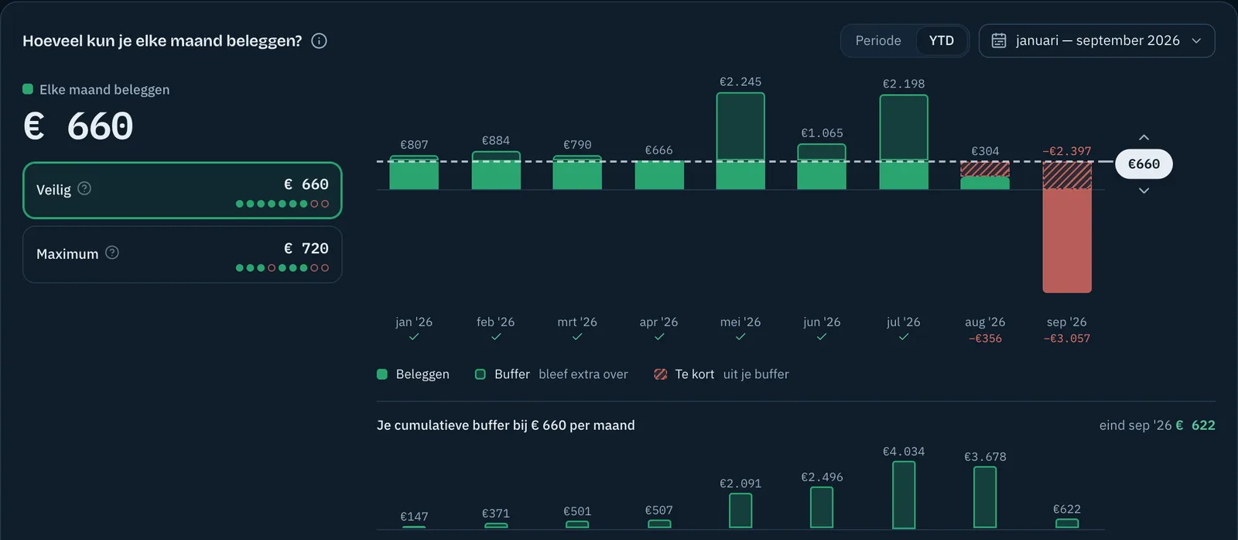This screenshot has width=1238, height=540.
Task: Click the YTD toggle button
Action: (x=941, y=40)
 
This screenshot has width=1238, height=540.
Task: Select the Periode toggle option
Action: (x=877, y=40)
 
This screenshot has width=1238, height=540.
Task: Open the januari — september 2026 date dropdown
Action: (x=1096, y=40)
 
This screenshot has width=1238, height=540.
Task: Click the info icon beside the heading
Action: (x=319, y=41)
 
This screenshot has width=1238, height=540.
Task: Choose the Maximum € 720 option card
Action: (x=183, y=255)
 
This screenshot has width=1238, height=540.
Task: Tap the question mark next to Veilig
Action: (x=84, y=189)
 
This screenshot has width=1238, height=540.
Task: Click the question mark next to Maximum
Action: (x=111, y=253)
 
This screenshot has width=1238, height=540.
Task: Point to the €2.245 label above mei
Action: (x=740, y=82)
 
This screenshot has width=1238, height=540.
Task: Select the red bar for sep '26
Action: (x=1067, y=240)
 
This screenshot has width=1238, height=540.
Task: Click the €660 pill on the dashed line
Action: (x=1144, y=163)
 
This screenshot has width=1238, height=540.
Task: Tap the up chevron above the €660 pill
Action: (x=1144, y=137)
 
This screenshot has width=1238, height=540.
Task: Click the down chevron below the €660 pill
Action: (x=1144, y=191)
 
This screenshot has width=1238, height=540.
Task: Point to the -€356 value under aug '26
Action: (x=985, y=339)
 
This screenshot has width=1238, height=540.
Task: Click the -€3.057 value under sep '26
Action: (x=1067, y=339)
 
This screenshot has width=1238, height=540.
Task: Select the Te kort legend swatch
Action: (x=660, y=374)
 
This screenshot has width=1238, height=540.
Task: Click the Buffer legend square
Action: (x=480, y=374)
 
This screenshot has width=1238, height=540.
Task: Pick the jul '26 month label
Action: (x=903, y=322)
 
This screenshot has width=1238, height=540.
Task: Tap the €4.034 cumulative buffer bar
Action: (x=904, y=494)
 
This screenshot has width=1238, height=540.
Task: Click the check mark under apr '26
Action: (x=658, y=336)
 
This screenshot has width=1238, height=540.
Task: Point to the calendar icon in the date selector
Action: (x=999, y=40)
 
